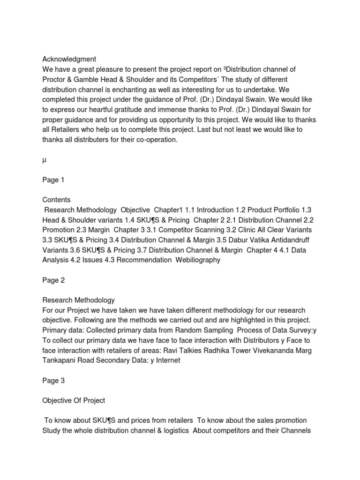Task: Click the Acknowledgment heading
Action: coord(69,59)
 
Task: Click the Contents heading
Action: coord(56,200)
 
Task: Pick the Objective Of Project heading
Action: coord(74,400)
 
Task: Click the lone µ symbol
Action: coord(45,159)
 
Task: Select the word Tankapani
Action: coord(60,360)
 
